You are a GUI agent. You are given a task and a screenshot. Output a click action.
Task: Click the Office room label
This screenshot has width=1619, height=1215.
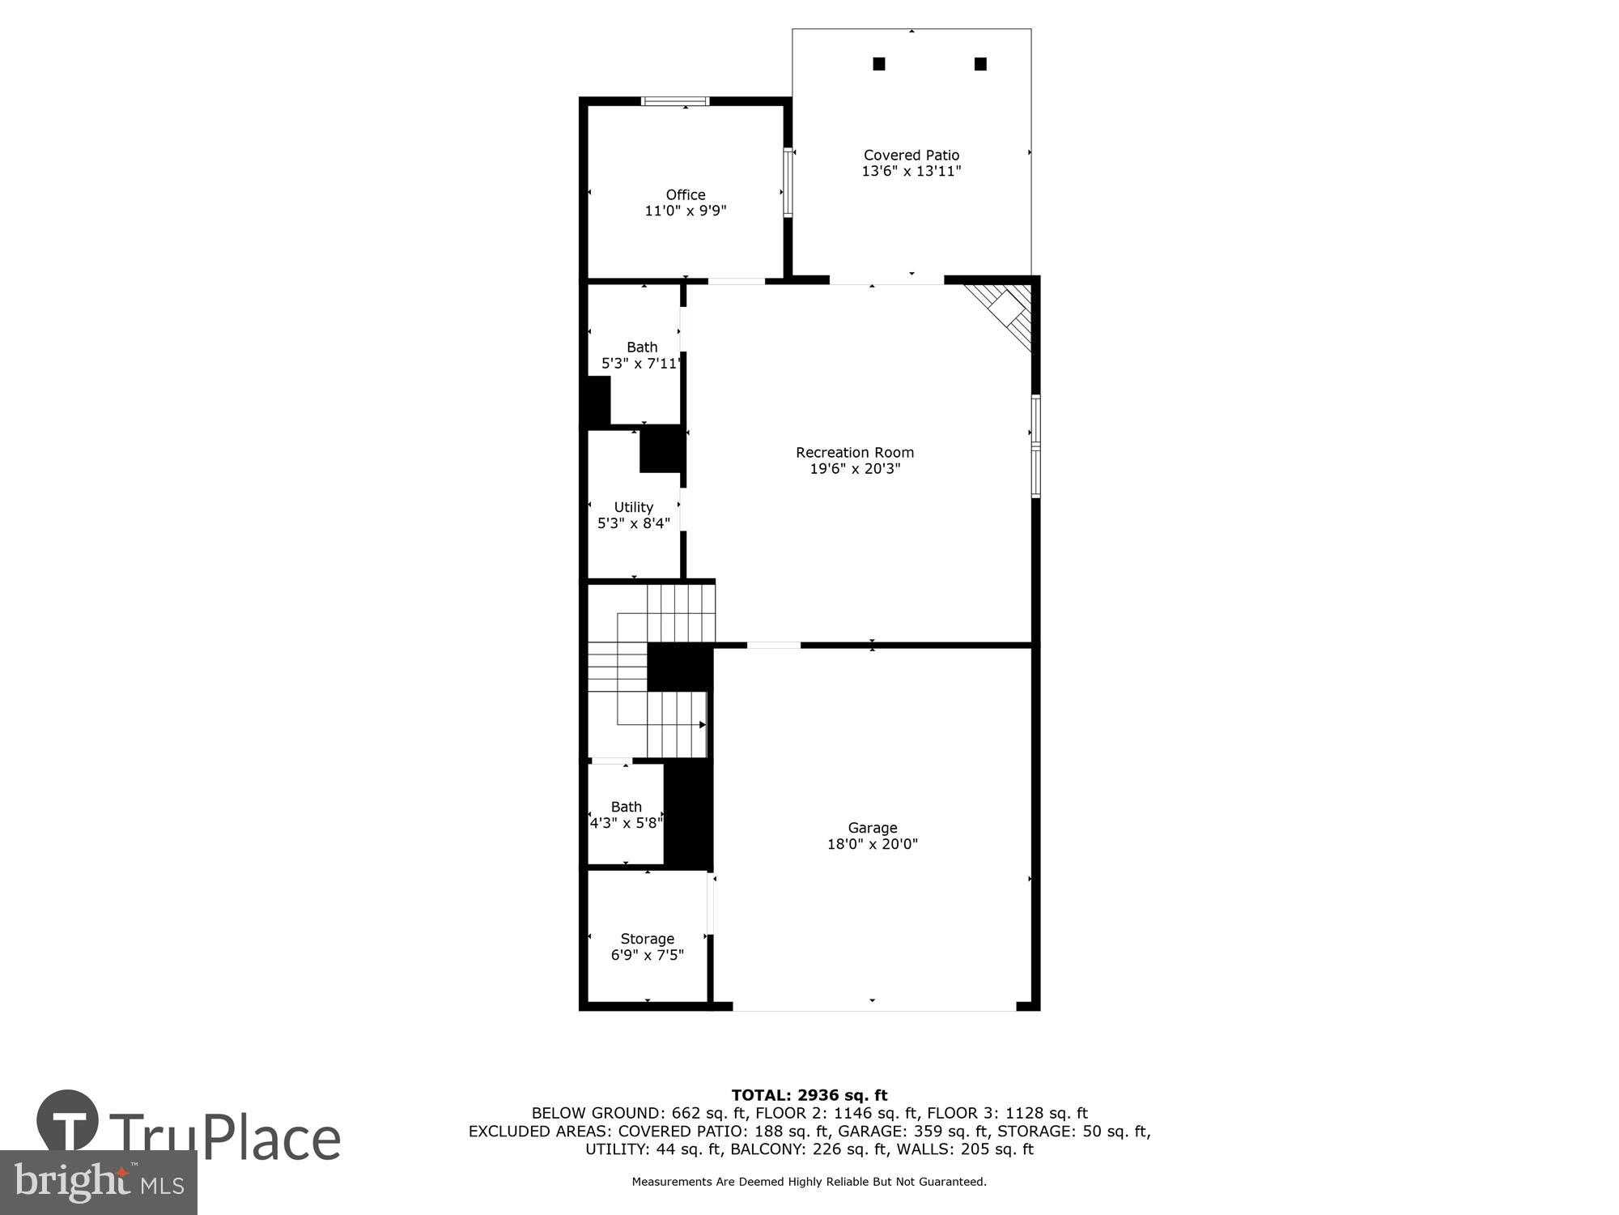(685, 194)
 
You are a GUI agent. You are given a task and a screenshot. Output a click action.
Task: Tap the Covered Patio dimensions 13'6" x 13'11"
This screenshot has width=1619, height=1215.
(911, 171)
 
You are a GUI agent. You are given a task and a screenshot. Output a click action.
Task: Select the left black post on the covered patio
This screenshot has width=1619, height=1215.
(878, 64)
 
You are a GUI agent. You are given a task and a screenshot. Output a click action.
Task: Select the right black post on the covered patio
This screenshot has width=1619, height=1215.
(979, 64)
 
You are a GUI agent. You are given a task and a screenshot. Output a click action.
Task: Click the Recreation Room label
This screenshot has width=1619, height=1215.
(854, 453)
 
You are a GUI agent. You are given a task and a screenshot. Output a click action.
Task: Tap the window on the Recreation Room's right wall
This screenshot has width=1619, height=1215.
(1035, 446)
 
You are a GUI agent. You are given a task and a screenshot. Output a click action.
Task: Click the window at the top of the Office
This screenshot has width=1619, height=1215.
(675, 101)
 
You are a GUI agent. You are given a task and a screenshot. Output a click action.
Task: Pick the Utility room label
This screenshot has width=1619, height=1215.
(633, 507)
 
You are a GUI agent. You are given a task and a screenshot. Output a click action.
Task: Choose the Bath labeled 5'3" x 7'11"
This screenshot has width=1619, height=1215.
(641, 356)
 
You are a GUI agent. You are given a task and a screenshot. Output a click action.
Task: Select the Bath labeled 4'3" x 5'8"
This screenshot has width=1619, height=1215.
(626, 815)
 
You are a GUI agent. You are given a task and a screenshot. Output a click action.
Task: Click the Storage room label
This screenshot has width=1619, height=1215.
(647, 939)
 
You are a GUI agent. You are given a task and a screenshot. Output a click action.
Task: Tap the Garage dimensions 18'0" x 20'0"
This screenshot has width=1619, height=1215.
(872, 844)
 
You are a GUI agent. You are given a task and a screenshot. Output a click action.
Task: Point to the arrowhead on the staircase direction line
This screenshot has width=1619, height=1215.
(702, 724)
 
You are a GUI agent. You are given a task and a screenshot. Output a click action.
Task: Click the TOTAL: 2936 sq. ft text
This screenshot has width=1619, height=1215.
(809, 1095)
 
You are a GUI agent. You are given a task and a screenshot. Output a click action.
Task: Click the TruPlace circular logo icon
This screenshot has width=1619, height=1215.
(68, 1121)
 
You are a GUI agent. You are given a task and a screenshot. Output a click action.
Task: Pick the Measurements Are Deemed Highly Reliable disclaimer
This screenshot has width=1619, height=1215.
(809, 1182)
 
